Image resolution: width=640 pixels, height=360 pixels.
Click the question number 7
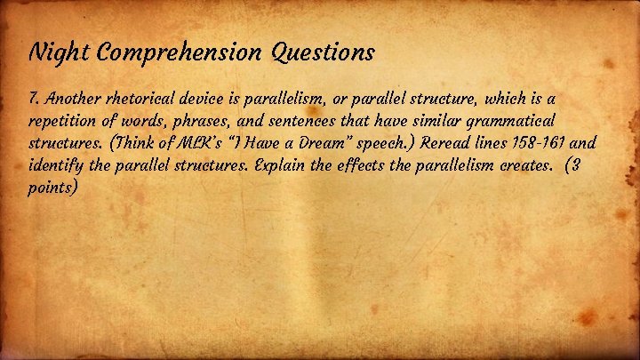[x=33, y=95]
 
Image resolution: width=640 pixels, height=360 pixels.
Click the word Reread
[x=461, y=141]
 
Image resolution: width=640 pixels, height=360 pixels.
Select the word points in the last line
[x=55, y=188]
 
